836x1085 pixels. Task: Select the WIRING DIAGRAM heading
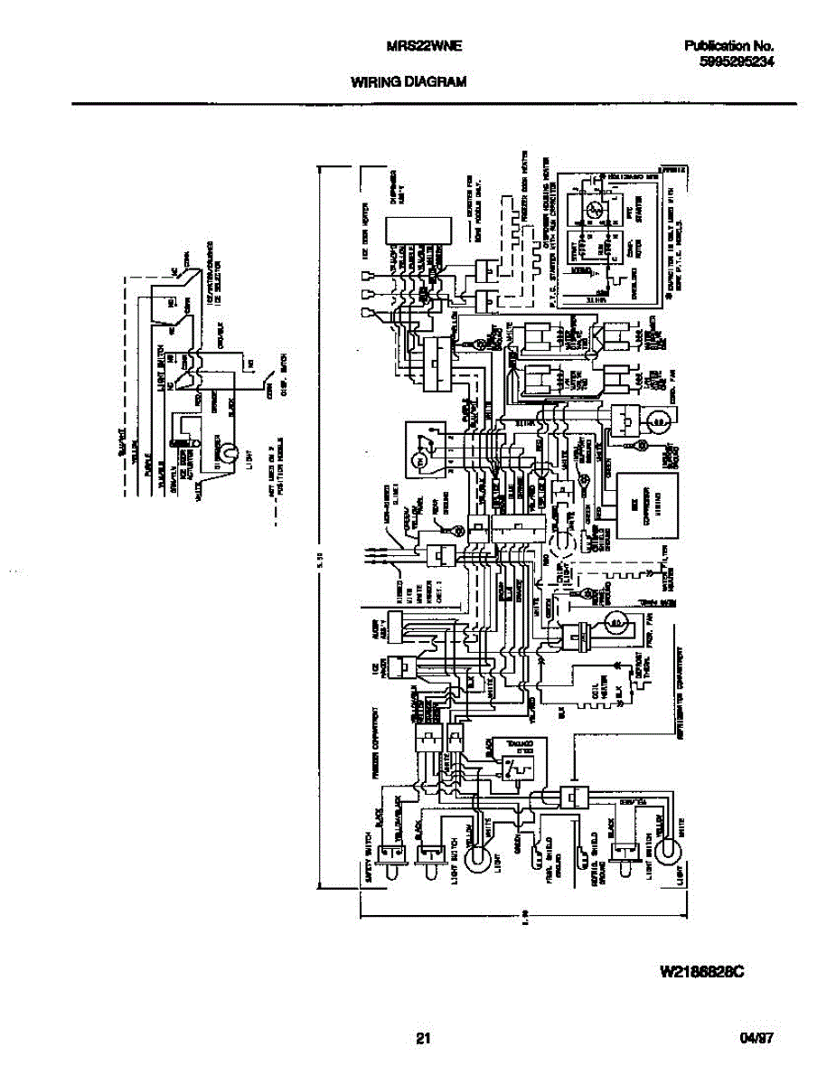coord(408,81)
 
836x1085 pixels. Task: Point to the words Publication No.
coord(728,46)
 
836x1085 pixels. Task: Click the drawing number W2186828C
coord(701,973)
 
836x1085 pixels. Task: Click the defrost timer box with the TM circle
coord(426,449)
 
